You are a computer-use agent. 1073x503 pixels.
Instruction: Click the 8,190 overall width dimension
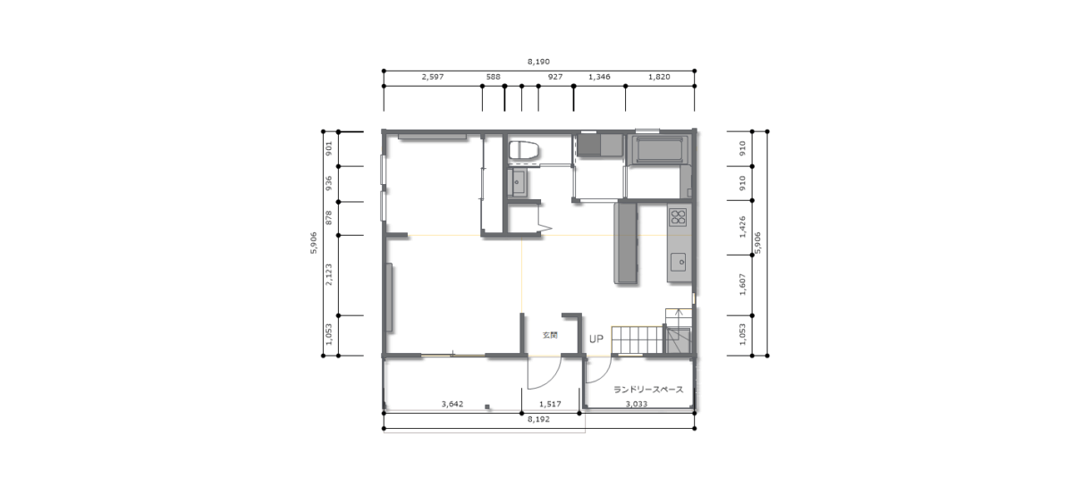(x=538, y=62)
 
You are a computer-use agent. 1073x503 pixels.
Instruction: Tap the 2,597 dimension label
(x=433, y=77)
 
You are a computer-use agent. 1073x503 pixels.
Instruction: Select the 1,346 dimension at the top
(x=599, y=77)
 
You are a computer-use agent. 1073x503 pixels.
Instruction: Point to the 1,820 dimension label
(x=659, y=77)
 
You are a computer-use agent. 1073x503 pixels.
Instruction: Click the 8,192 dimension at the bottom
(x=538, y=419)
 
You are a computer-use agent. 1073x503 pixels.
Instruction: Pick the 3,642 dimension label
(x=452, y=404)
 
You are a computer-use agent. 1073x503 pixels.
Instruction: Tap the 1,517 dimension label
(x=550, y=404)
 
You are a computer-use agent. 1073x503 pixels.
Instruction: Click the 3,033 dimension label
(x=637, y=404)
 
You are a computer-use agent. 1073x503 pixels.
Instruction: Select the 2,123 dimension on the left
(x=329, y=274)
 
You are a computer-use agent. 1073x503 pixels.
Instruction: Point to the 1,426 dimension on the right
(x=742, y=227)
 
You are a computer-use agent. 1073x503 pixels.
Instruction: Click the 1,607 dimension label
(x=742, y=284)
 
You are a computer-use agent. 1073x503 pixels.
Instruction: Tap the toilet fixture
(x=524, y=150)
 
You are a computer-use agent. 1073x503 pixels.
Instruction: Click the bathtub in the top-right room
(x=659, y=150)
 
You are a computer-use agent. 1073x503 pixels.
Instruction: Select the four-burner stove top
(x=679, y=217)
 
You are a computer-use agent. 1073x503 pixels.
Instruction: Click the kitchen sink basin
(x=679, y=262)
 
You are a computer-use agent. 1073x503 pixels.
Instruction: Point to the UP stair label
(x=596, y=340)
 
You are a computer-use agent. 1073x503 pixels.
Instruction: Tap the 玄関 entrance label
(x=550, y=336)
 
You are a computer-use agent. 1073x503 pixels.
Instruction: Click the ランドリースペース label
(x=648, y=390)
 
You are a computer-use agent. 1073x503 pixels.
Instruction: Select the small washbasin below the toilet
(x=518, y=182)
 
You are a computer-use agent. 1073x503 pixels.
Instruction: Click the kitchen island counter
(x=626, y=243)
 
